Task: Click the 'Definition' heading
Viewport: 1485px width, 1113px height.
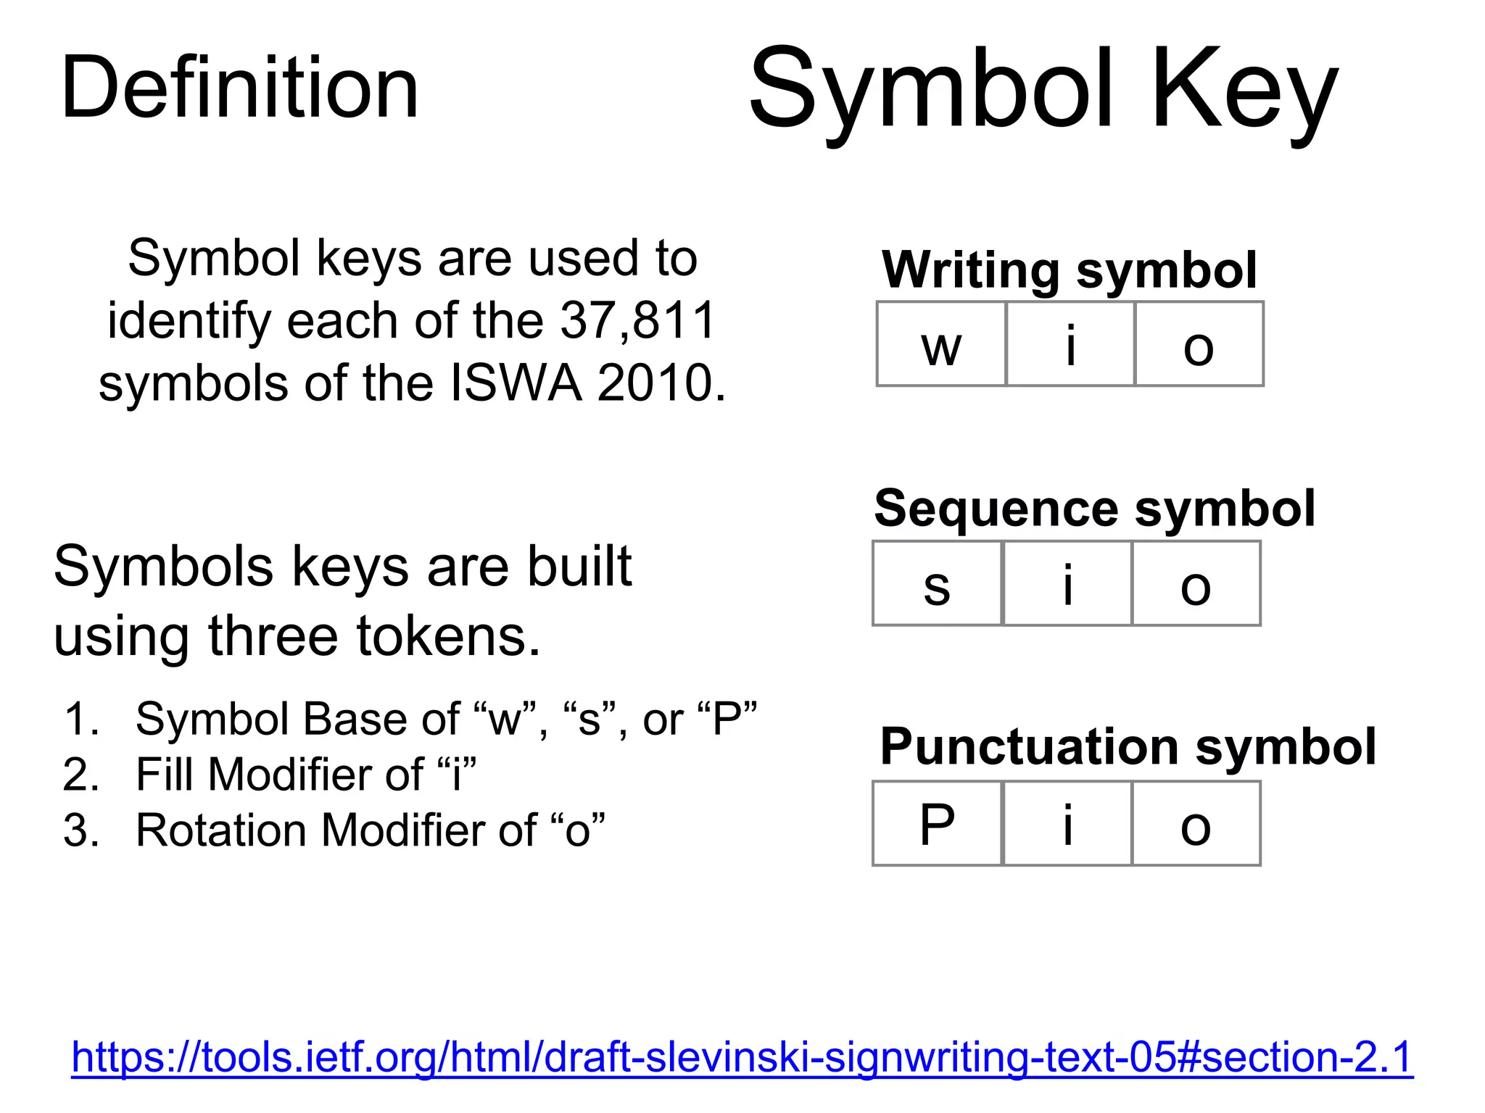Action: [239, 88]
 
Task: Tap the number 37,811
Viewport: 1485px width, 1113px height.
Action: [638, 320]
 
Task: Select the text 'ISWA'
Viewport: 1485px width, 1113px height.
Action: [516, 383]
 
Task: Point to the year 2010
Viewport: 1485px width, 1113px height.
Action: [660, 383]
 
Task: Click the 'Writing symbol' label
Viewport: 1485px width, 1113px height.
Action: [1069, 270]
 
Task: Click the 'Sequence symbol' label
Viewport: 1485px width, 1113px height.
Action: [1094, 508]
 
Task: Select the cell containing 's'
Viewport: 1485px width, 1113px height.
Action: [937, 584]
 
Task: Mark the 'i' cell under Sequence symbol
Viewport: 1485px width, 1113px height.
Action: [1067, 584]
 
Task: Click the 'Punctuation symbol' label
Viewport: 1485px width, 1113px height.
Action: [1128, 746]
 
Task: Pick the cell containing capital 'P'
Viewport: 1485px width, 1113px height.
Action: [937, 824]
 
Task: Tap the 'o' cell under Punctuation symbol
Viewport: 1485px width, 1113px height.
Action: [1196, 824]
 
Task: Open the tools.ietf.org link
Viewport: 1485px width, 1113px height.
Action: [742, 1056]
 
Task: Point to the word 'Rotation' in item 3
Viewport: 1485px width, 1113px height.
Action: [221, 830]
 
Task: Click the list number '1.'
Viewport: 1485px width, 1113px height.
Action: [81, 719]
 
